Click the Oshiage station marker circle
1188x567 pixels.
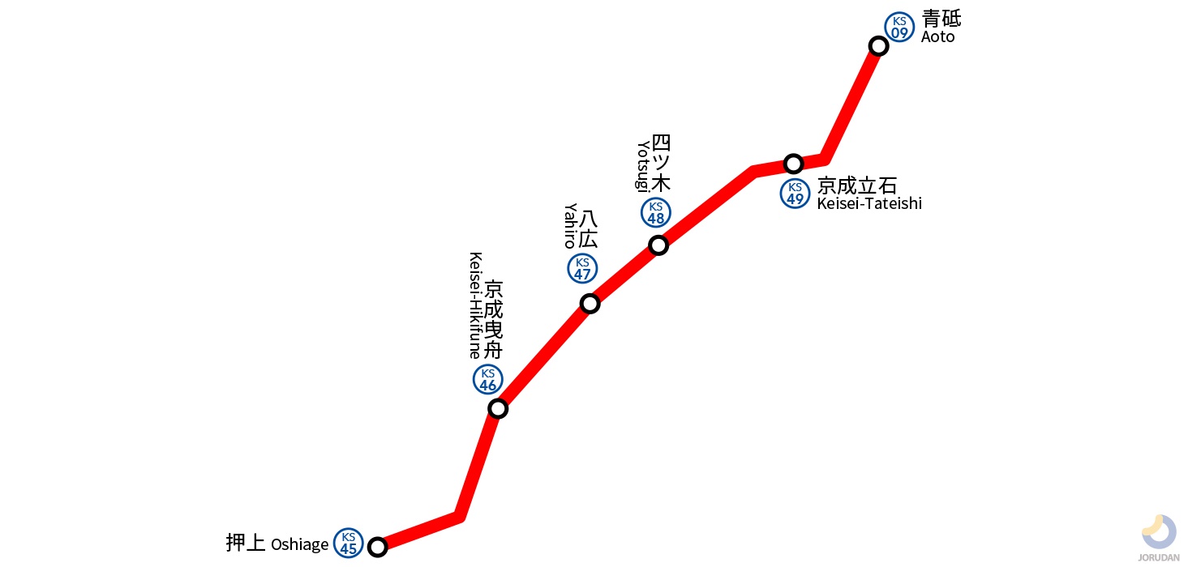(x=377, y=547)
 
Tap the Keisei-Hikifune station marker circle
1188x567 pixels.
(x=498, y=408)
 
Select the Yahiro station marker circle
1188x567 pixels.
(x=590, y=304)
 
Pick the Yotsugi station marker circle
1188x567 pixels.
(x=658, y=245)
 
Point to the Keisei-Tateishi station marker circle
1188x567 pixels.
(x=794, y=164)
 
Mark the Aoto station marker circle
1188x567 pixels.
(x=878, y=45)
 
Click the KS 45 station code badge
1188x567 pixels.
(x=349, y=543)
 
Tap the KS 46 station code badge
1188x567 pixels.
(x=488, y=379)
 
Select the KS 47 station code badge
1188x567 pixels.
(x=582, y=268)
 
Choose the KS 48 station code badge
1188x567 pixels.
(x=656, y=212)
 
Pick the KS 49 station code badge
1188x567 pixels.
(x=795, y=194)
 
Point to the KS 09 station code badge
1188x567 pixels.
(x=899, y=28)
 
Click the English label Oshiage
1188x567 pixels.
(x=300, y=544)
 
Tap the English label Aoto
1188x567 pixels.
(x=938, y=37)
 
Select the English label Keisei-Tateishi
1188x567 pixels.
(x=869, y=203)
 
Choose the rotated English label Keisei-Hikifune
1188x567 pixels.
(x=476, y=305)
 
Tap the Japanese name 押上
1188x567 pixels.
(x=246, y=543)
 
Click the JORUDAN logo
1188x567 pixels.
(x=1158, y=535)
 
